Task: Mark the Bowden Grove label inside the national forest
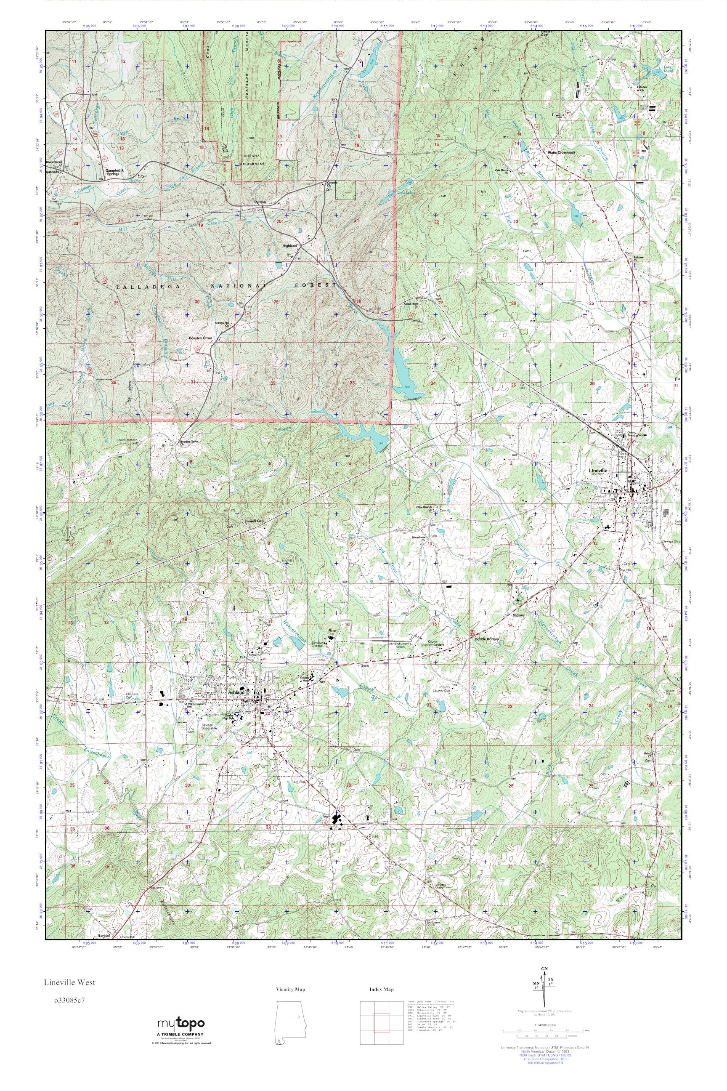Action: pyautogui.click(x=200, y=338)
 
